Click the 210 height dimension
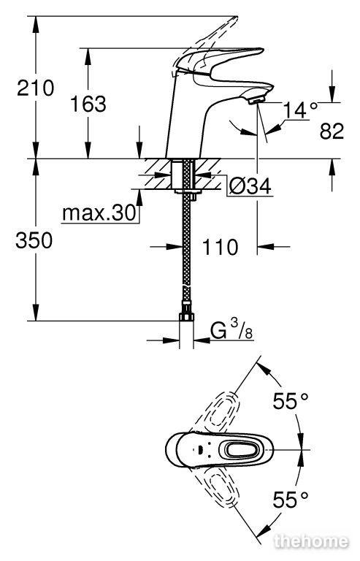(x=35, y=88)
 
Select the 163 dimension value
(x=88, y=104)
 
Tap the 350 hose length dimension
(x=34, y=240)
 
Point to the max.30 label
(x=99, y=213)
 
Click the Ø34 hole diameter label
(x=250, y=186)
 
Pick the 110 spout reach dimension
(x=220, y=247)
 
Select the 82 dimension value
(x=332, y=131)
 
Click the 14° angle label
(x=300, y=110)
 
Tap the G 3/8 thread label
(x=231, y=330)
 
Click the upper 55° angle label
(x=291, y=401)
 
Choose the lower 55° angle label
(x=291, y=500)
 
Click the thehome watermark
(x=311, y=541)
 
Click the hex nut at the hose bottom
(x=186, y=316)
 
